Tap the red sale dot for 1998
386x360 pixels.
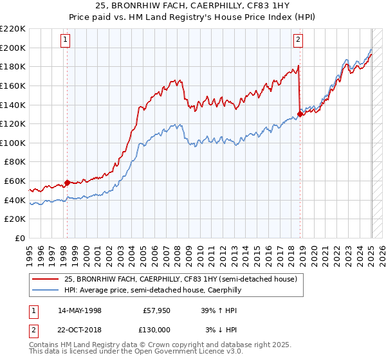(67, 183)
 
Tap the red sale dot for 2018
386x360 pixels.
(300, 115)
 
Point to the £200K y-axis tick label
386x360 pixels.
(14, 48)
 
